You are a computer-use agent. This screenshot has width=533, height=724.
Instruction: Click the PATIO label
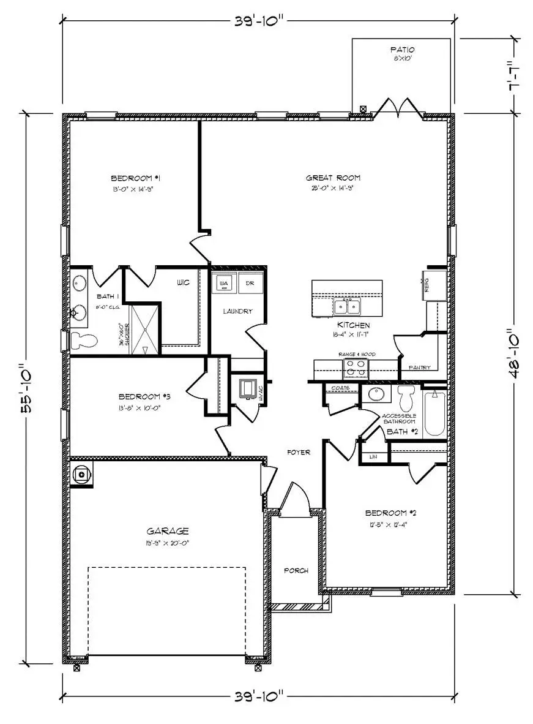pyautogui.click(x=402, y=50)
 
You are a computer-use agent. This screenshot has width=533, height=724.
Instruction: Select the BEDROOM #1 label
pyautogui.click(x=135, y=178)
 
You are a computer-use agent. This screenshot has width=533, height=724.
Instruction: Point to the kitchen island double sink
pyautogui.click(x=347, y=306)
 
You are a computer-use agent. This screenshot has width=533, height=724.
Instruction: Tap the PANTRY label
pyautogui.click(x=419, y=368)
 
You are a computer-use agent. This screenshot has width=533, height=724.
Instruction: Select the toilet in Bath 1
pyautogui.click(x=84, y=341)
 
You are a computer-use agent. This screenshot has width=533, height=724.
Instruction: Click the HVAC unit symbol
pyautogui.click(x=248, y=389)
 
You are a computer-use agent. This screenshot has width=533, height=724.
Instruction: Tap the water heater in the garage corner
pyautogui.click(x=81, y=475)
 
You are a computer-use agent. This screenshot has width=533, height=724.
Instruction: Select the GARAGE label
pyautogui.click(x=167, y=531)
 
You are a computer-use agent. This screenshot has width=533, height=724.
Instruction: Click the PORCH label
pyautogui.click(x=296, y=570)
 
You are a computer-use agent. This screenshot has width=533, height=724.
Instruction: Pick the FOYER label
pyautogui.click(x=299, y=452)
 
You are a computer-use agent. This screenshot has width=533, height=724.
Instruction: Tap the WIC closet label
pyautogui.click(x=182, y=282)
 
